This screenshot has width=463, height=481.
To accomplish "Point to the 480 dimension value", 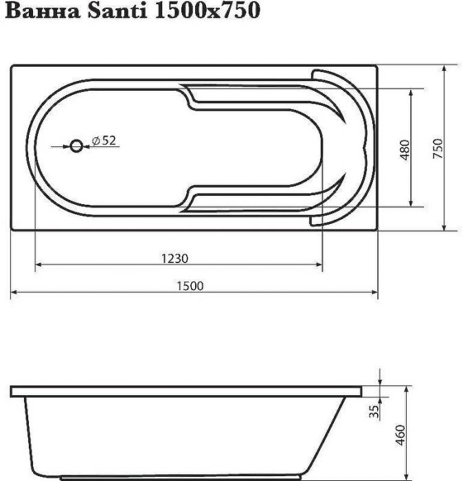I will (x=405, y=148).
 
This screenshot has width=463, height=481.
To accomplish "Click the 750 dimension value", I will (x=439, y=148).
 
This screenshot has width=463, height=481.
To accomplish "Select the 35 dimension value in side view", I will (x=374, y=412).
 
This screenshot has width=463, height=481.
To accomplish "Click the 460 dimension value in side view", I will (x=402, y=435).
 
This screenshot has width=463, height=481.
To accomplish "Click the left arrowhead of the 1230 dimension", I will (x=38, y=264).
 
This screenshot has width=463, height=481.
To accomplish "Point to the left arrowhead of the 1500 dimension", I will (x=14, y=293).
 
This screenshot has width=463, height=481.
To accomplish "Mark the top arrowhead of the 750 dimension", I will (x=445, y=69).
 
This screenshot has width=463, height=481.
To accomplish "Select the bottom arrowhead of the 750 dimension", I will (x=445, y=227).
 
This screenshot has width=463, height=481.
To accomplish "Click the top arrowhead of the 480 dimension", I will (x=411, y=92).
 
